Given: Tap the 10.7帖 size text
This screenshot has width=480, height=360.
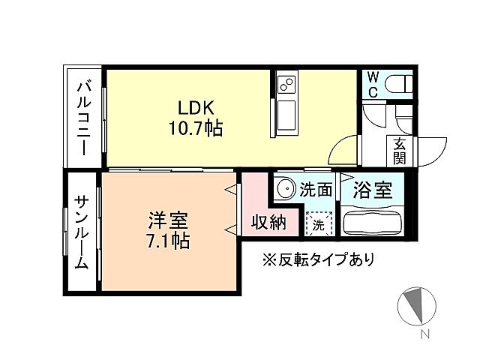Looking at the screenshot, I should [195, 129].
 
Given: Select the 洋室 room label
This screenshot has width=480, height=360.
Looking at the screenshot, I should [167, 221].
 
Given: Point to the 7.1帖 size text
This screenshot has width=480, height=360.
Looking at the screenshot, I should [167, 241].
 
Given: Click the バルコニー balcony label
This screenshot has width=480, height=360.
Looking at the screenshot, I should [83, 118].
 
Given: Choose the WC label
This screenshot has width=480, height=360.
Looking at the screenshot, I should [371, 85].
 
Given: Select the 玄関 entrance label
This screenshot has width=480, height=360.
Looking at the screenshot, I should [399, 151].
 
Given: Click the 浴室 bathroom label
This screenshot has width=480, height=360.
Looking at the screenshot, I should [373, 190].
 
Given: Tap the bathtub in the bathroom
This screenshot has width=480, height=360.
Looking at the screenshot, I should [373, 223].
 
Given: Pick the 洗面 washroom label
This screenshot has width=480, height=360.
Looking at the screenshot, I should [316, 190].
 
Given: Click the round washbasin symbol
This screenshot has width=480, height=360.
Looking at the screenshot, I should [285, 187].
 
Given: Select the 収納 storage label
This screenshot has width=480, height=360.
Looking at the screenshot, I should [268, 223].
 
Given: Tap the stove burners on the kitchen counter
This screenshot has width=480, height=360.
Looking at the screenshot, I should [286, 84].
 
